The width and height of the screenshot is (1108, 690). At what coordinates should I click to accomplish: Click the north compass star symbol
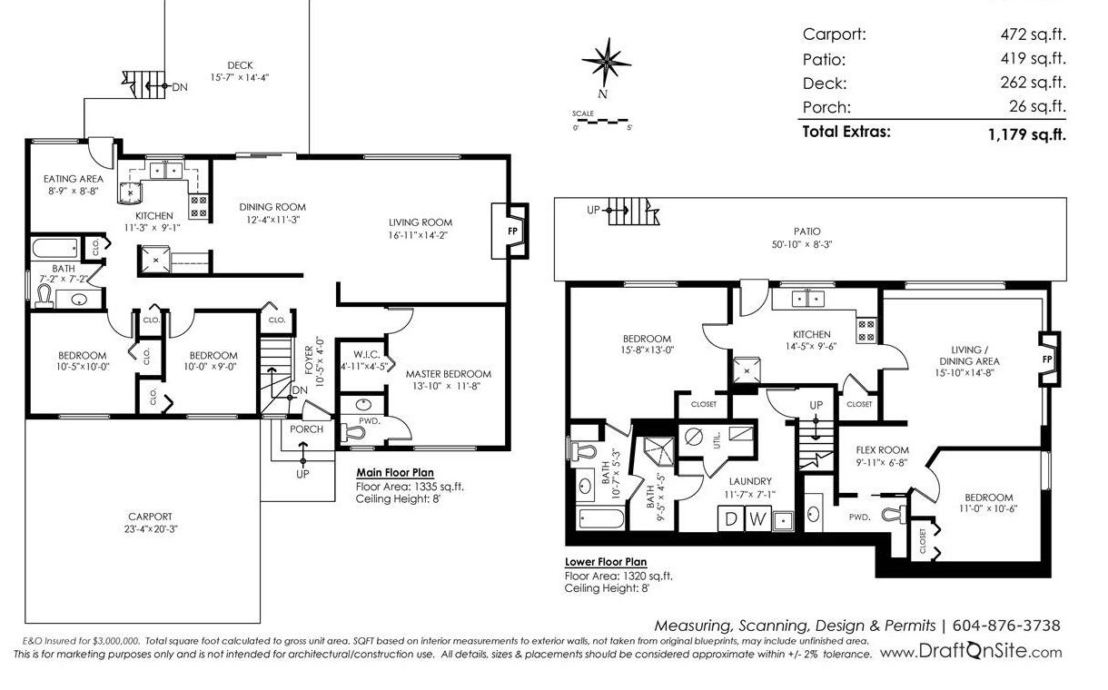pyautogui.click(x=607, y=63)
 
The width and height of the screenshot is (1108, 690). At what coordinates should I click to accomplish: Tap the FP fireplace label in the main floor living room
pyautogui.click(x=512, y=231)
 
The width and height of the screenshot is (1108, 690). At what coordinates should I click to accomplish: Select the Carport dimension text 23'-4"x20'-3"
pyautogui.click(x=151, y=528)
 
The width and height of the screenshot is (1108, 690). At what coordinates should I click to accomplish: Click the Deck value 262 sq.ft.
pyautogui.click(x=1033, y=82)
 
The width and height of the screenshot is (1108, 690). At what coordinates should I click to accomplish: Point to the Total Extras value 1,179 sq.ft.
pyautogui.click(x=1027, y=134)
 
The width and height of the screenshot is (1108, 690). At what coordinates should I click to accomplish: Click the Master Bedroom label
pyautogui.click(x=449, y=374)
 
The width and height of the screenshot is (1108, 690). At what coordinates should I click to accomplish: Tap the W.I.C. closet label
pyautogui.click(x=367, y=355)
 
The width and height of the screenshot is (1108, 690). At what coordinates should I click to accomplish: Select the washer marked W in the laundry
pyautogui.click(x=757, y=518)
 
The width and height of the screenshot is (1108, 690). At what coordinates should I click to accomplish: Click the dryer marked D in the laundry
pyautogui.click(x=730, y=518)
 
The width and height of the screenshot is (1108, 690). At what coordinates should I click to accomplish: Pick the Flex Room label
pyautogui.click(x=883, y=450)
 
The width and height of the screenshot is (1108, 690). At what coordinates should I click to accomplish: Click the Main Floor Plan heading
pyautogui.click(x=395, y=472)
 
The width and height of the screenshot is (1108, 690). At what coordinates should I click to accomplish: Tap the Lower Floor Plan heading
pyautogui.click(x=606, y=562)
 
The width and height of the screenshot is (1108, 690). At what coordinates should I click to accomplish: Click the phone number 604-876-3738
pyautogui.click(x=1006, y=626)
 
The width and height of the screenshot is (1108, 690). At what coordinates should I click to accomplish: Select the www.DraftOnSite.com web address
pyautogui.click(x=971, y=652)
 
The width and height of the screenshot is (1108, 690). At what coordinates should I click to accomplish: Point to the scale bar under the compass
pyautogui.click(x=600, y=121)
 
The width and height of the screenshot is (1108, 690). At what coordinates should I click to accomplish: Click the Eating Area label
pyautogui.click(x=74, y=179)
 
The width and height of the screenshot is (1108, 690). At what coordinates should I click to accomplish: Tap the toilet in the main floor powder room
pyautogui.click(x=353, y=434)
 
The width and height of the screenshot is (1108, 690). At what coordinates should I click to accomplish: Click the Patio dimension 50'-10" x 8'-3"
pyautogui.click(x=802, y=244)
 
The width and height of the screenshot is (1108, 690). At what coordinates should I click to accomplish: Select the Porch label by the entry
pyautogui.click(x=306, y=429)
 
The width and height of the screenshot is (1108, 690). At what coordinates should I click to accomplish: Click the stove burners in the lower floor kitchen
pyautogui.click(x=866, y=330)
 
